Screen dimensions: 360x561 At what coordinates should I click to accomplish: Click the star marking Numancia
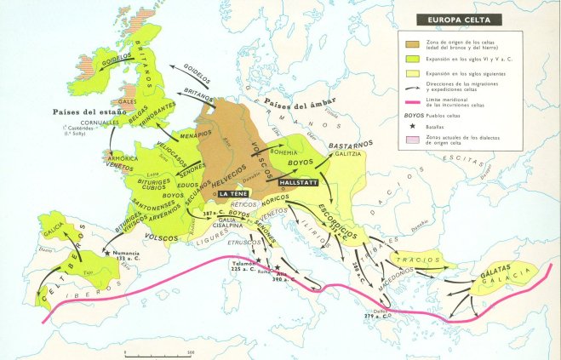click(107, 253)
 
